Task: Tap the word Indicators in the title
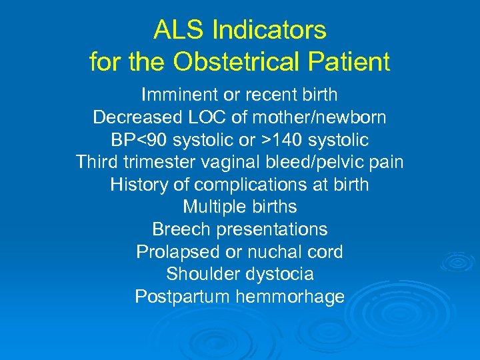(x=269, y=30)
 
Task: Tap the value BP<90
(x=139, y=141)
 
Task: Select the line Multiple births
(x=239, y=207)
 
